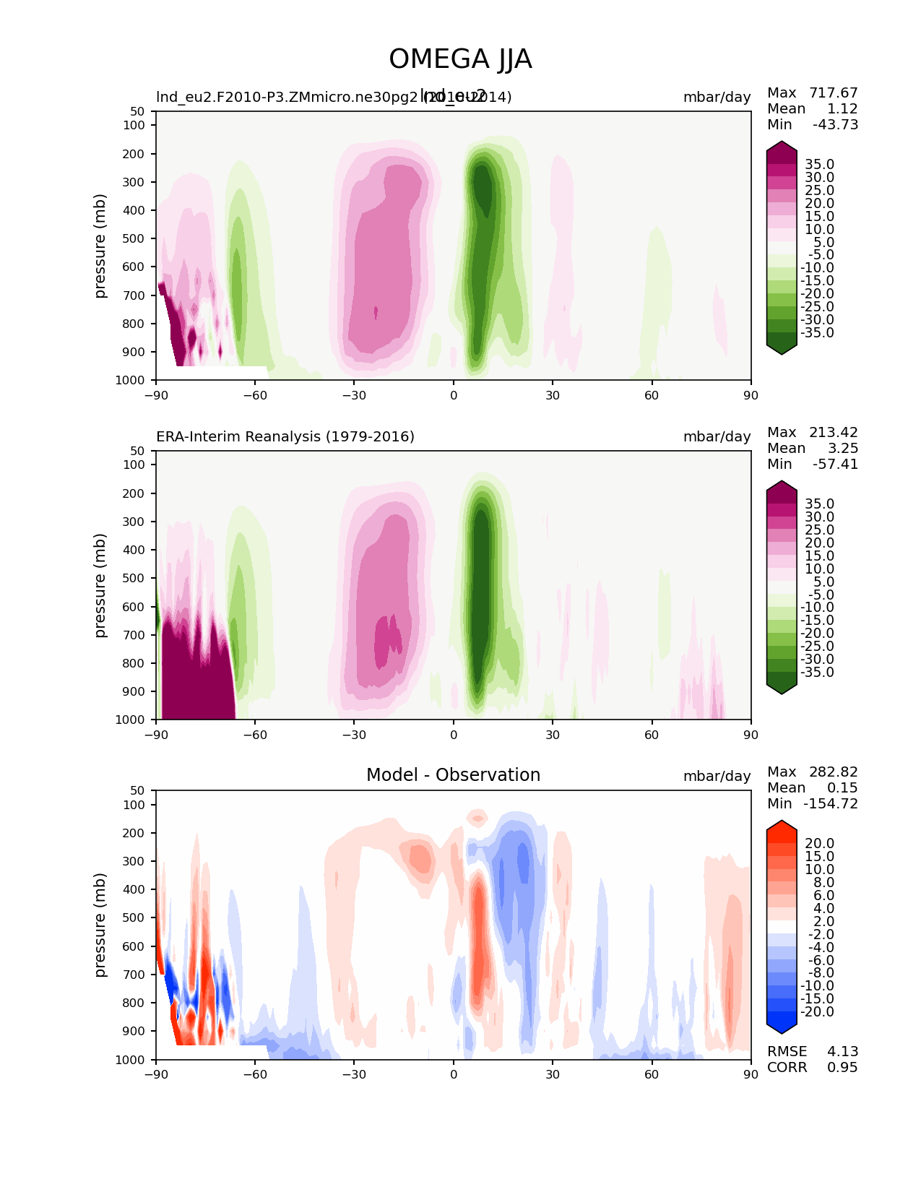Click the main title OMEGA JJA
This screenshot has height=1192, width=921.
pyautogui.click(x=460, y=59)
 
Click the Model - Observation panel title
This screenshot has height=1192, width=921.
pyautogui.click(x=453, y=775)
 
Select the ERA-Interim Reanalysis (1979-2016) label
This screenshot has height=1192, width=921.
pyautogui.click(x=285, y=437)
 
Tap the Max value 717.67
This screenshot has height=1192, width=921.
pyautogui.click(x=834, y=93)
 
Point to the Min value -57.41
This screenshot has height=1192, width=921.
pyautogui.click(x=835, y=465)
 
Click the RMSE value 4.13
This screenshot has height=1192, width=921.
pyautogui.click(x=842, y=1052)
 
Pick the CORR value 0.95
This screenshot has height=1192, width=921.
pyautogui.click(x=842, y=1068)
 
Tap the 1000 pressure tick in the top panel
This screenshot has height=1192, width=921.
pyautogui.click(x=134, y=381)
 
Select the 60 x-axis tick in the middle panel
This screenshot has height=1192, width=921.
pyautogui.click(x=652, y=735)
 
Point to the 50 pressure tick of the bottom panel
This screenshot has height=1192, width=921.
pyautogui.click(x=138, y=790)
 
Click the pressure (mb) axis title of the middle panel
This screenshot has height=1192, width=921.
pyautogui.click(x=100, y=585)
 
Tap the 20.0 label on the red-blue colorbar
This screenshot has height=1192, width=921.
pyautogui.click(x=819, y=844)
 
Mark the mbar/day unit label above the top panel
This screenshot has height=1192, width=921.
pyautogui.click(x=717, y=98)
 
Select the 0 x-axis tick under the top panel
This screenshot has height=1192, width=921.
pyautogui.click(x=454, y=396)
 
